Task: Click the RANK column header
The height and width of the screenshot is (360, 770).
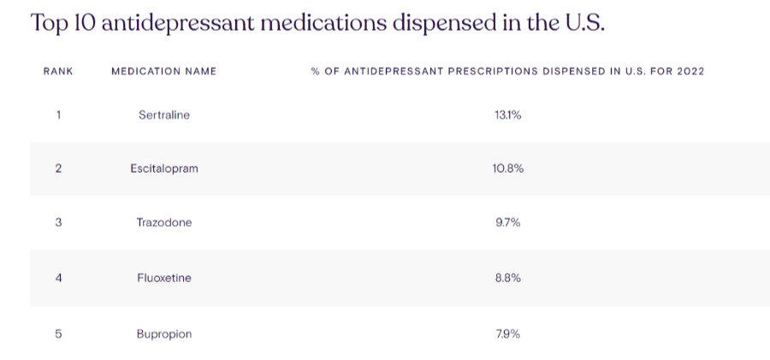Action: [58, 71]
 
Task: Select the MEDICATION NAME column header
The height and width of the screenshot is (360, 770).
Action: [163, 71]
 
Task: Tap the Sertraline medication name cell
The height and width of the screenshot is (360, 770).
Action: [163, 115]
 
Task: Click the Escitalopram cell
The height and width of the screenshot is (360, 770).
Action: [163, 168]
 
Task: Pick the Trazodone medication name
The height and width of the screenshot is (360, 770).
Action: [163, 222]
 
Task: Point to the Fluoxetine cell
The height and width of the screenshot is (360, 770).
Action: [163, 278]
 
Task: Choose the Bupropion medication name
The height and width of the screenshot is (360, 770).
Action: [163, 333]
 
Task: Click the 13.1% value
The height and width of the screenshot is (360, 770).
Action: [507, 115]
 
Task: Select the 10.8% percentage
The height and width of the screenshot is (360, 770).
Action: [507, 168]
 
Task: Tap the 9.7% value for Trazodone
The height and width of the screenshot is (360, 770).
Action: [507, 222]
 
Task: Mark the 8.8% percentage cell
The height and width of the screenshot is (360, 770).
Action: [507, 278]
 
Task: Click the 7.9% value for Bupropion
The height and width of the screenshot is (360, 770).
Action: [507, 333]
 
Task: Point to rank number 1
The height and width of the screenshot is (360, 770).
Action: [58, 115]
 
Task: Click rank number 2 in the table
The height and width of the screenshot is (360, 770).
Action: [58, 168]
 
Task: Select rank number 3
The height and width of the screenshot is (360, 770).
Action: [58, 222]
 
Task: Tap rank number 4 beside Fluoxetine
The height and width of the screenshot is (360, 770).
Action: [58, 278]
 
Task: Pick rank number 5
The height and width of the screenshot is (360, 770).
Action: [58, 333]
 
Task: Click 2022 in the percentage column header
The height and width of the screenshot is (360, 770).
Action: [690, 71]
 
